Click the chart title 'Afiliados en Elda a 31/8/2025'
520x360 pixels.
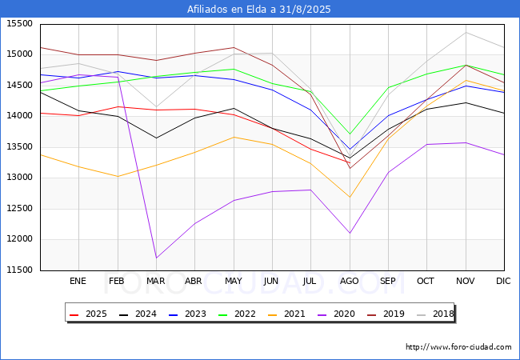tap(259, 9)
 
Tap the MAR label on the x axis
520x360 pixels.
tap(155, 281)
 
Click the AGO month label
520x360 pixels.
tap(350, 281)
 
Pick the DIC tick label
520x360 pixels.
tap(503, 281)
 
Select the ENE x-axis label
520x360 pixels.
tap(78, 281)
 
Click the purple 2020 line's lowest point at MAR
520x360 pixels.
tap(156, 258)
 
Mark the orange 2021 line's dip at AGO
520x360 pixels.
tap(350, 197)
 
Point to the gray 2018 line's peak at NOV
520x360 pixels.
tap(466, 32)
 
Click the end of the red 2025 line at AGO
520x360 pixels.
tap(350, 162)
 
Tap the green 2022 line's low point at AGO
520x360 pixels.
tap(350, 134)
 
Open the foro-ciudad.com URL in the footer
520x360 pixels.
tap(458, 347)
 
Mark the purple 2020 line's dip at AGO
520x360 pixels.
tap(350, 233)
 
